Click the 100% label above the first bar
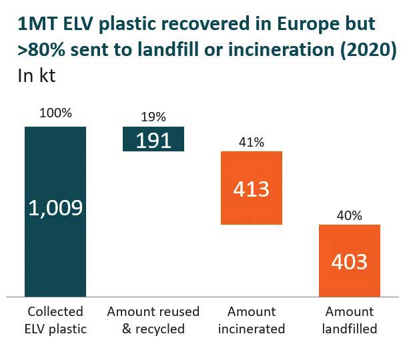55,113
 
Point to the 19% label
153,117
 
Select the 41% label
252,142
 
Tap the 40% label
350,215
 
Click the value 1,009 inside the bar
55,208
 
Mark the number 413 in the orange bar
252,189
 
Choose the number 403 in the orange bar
350,261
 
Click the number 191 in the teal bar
153,140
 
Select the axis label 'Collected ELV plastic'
55,320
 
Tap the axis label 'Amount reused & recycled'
153,320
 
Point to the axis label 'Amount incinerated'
252,320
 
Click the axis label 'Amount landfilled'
350,320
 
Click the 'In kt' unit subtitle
36,75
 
